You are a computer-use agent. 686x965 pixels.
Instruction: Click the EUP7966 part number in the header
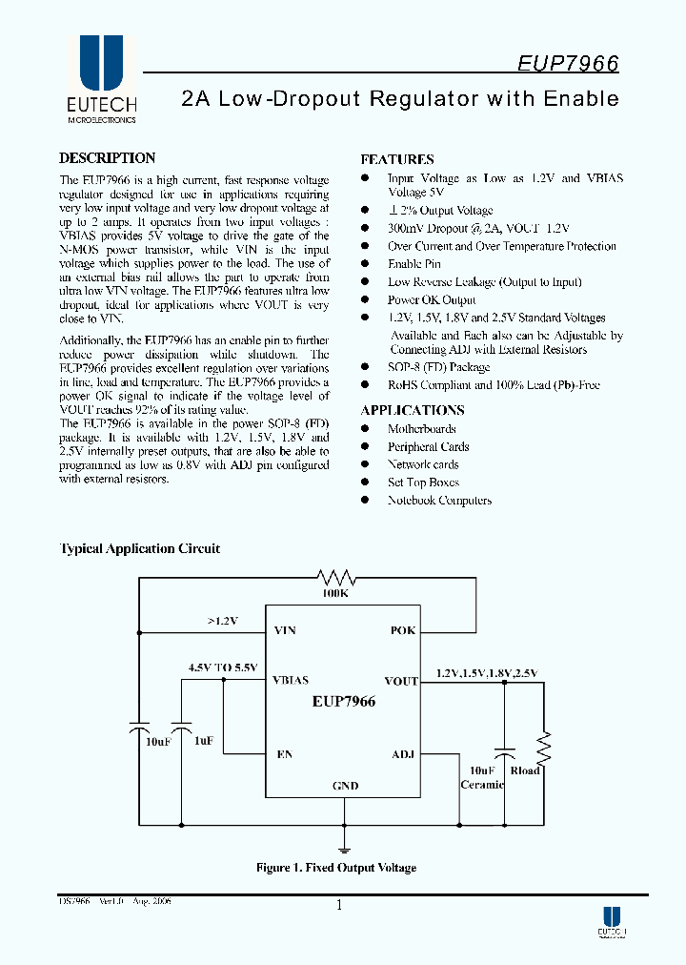click(x=568, y=64)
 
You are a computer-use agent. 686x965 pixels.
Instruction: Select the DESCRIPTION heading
click(x=107, y=158)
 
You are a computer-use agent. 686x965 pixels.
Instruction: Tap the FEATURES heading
click(x=396, y=159)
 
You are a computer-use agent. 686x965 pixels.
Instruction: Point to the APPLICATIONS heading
click(x=412, y=410)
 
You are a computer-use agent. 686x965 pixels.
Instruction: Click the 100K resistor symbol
click(x=335, y=577)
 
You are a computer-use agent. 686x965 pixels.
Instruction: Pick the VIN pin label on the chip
click(x=285, y=631)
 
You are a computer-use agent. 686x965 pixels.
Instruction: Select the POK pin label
click(x=403, y=631)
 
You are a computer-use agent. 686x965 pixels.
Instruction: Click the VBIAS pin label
click(x=291, y=681)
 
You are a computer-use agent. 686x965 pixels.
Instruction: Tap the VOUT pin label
click(x=401, y=681)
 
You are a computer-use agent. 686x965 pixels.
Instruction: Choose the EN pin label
click(x=284, y=754)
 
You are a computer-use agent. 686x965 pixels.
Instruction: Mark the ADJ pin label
click(x=403, y=754)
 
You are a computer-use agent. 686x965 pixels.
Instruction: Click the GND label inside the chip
click(x=345, y=786)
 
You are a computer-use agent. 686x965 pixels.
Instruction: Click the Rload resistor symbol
click(x=544, y=744)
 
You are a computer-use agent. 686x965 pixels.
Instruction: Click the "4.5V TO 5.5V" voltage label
click(x=222, y=667)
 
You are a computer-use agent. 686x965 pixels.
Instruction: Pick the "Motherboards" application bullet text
click(x=421, y=429)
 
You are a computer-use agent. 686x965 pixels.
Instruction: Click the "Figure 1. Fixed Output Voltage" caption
click(x=336, y=868)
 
